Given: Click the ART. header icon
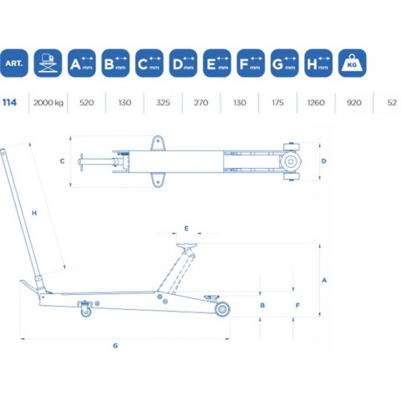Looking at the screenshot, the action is point(14,63).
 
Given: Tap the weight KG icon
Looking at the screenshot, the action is point(352,63).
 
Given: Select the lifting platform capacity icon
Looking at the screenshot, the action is point(48,63).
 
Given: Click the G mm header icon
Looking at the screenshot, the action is point(284,63).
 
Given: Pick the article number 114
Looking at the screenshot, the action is point(10,103).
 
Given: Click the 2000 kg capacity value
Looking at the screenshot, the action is point(48,103).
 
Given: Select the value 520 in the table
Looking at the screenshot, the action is point(87,103).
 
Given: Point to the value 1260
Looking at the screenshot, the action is point(316,103).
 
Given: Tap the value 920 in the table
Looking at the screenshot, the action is point(354,103).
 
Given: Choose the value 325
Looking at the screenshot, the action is point(163,103).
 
